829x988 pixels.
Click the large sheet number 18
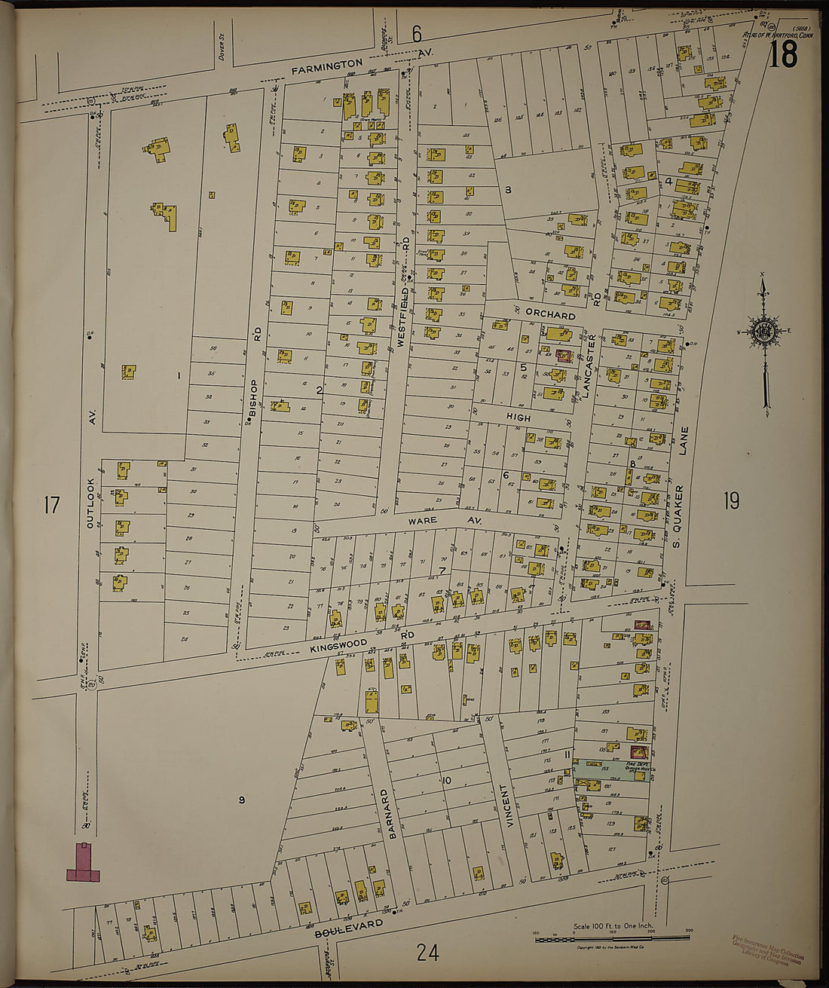pos(784,55)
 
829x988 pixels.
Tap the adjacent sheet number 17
pos(51,505)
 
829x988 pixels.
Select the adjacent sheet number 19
pos(731,500)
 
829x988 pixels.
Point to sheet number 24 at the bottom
pos(427,953)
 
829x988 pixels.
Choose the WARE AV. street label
pos(445,521)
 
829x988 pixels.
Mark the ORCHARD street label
pos(550,314)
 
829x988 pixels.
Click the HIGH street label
pos(518,417)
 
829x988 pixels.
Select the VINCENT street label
pos(510,806)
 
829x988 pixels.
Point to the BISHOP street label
pos(254,396)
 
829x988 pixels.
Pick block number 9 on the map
pos(242,800)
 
